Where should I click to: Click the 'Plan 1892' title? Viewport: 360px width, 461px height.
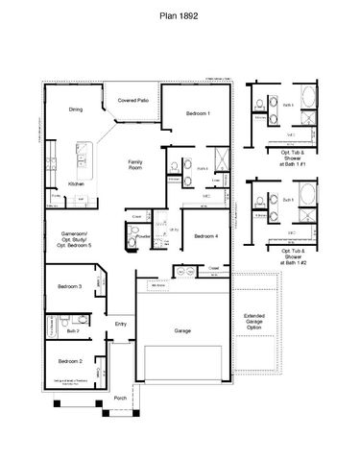180,16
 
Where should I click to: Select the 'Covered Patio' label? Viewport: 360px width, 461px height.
132,99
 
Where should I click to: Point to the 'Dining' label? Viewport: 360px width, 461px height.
76,109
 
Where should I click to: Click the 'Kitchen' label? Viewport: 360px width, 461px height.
77,183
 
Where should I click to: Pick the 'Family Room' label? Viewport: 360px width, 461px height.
136,164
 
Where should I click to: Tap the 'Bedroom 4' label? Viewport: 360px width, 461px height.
205,236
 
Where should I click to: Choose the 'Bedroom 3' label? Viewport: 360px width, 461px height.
68,286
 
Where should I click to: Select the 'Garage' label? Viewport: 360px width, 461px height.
181,329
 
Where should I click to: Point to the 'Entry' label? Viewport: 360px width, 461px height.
121,324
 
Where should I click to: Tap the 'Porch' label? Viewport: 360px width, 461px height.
120,397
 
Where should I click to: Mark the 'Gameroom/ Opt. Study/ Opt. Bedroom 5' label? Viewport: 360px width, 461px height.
76,238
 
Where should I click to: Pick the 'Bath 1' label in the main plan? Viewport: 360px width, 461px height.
203,168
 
